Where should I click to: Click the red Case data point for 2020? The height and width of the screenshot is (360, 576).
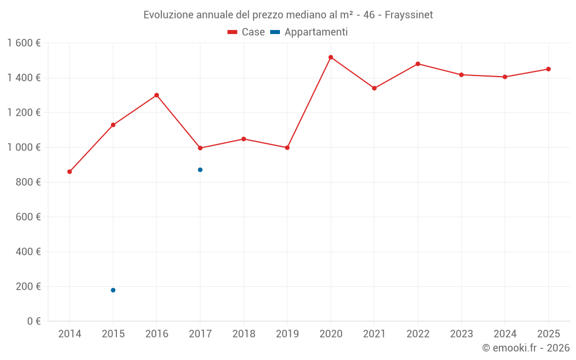click(x=331, y=57)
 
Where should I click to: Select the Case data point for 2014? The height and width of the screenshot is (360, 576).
click(x=70, y=172)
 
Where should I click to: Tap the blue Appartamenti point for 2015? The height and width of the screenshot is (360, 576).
click(x=113, y=290)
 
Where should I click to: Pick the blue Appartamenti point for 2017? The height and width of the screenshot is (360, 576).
click(x=200, y=170)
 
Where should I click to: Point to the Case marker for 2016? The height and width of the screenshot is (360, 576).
click(x=157, y=95)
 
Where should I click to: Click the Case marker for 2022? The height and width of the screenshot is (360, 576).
click(x=418, y=64)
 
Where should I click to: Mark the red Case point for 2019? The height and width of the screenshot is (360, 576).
click(x=287, y=147)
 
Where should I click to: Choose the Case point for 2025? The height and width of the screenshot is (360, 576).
click(x=548, y=69)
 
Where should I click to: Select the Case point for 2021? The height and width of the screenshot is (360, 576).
click(x=374, y=88)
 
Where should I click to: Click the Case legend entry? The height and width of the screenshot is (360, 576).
click(x=247, y=32)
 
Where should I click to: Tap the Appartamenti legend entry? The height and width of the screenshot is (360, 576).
click(x=309, y=32)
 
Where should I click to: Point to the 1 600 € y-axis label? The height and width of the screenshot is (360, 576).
click(x=24, y=43)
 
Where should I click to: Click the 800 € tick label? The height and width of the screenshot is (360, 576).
click(x=28, y=182)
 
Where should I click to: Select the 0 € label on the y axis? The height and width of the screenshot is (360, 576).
click(x=33, y=321)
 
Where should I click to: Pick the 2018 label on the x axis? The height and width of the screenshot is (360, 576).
click(x=244, y=334)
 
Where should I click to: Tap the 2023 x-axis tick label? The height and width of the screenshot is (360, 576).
click(x=461, y=334)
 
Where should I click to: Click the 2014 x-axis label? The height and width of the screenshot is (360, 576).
click(x=70, y=334)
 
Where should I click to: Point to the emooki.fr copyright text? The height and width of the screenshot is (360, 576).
click(x=526, y=348)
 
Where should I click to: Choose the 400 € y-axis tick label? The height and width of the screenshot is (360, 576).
click(x=28, y=252)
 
